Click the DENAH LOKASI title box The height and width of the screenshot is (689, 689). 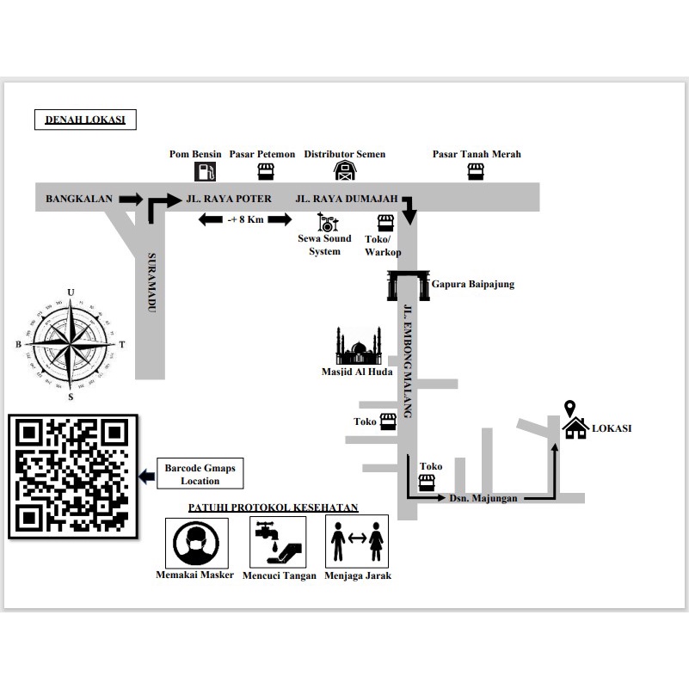pyautogui.click(x=85, y=120)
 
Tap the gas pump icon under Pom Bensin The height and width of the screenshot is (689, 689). pyautogui.click(x=206, y=171)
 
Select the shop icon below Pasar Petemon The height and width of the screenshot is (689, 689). pyautogui.click(x=266, y=171)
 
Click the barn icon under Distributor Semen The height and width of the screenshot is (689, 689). pyautogui.click(x=345, y=170)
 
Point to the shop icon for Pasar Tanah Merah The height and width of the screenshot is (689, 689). pyautogui.click(x=476, y=171)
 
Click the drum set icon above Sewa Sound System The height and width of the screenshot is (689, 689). pyautogui.click(x=328, y=222)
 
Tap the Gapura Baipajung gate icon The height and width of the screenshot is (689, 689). pyautogui.click(x=409, y=286)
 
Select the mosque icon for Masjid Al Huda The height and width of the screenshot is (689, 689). pyautogui.click(x=358, y=346)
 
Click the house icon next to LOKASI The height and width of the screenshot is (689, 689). pyautogui.click(x=575, y=428)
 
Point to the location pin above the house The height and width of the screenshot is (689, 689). pyautogui.click(x=570, y=409)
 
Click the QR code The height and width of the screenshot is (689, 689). pyautogui.click(x=73, y=477)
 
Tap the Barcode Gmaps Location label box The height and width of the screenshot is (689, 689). pyautogui.click(x=200, y=474)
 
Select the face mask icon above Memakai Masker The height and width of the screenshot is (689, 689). pyautogui.click(x=196, y=543)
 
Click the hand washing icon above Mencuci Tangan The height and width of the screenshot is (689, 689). pyautogui.click(x=278, y=542)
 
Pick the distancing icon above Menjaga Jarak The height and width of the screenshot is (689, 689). pyautogui.click(x=357, y=541)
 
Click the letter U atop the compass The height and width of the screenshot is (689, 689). pyautogui.click(x=71, y=292)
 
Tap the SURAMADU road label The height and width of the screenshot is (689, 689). pyautogui.click(x=151, y=282)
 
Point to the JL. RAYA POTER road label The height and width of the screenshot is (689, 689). pyautogui.click(x=229, y=199)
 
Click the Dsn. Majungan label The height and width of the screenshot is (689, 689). pyautogui.click(x=483, y=498)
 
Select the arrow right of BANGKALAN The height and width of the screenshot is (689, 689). pyautogui.click(x=131, y=199)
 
